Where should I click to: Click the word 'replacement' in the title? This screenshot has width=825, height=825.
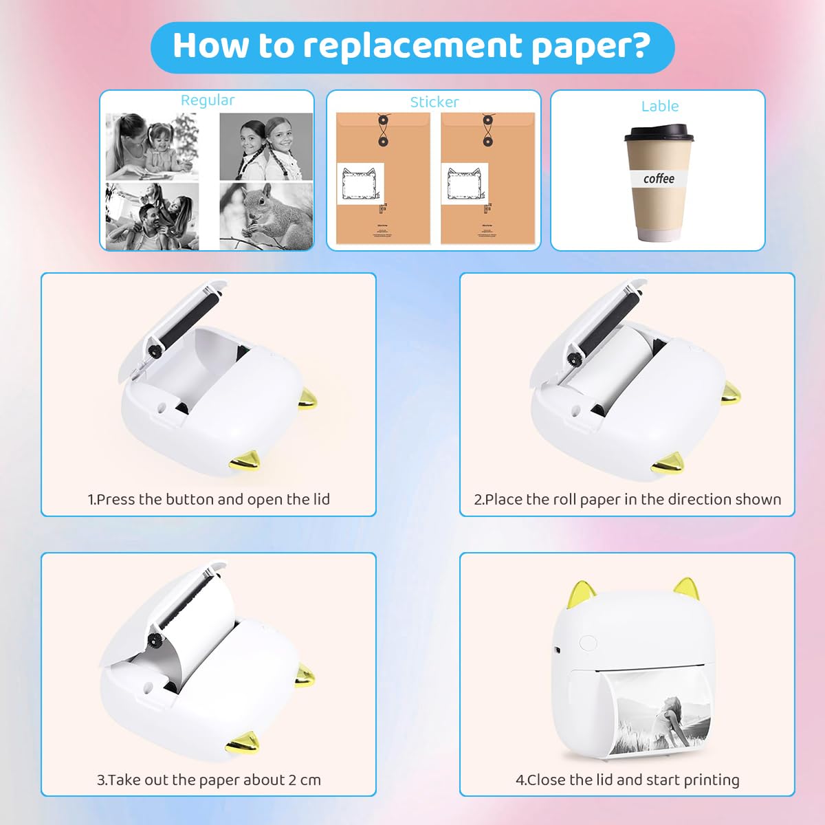point(412,46)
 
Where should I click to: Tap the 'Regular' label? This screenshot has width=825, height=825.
point(207,100)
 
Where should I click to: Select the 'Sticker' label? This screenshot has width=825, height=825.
point(434,102)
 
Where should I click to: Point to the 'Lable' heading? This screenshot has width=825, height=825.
point(659,106)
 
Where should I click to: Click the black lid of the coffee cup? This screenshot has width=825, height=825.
point(659,133)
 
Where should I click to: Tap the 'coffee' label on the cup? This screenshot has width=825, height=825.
point(659,179)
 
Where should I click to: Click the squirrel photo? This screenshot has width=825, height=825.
point(266,215)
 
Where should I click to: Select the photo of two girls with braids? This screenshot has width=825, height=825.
point(266,146)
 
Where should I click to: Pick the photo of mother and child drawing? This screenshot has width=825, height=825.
point(152,146)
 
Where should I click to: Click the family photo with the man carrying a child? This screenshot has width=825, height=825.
point(152,215)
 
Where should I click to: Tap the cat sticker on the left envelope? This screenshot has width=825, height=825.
point(361,184)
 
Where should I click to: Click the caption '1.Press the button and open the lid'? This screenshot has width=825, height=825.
point(208,500)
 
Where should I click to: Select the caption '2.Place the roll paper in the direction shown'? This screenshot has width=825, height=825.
point(627,500)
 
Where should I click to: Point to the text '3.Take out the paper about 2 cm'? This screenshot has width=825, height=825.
point(208,780)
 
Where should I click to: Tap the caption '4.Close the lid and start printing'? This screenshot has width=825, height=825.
point(627,780)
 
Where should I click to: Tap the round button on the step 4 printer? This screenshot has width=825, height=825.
point(588,643)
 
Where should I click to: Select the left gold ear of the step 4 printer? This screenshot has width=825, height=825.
point(582,595)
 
